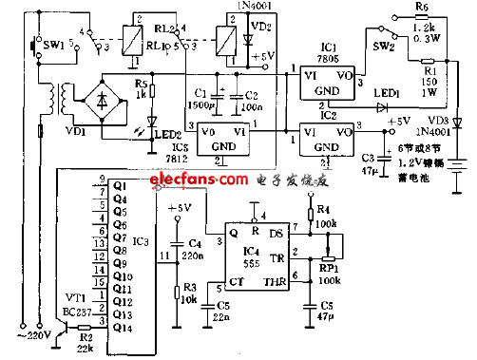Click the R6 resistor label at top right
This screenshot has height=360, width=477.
(424, 7)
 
